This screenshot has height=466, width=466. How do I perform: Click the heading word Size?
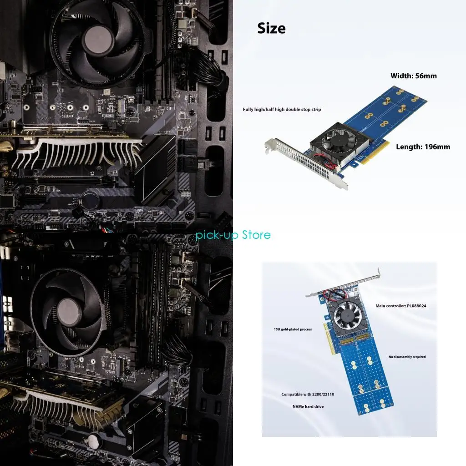[271, 28]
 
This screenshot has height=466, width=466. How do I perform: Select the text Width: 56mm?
[413, 76]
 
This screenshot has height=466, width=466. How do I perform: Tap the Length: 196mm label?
[423, 147]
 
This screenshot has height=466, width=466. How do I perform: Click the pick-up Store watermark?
[233, 235]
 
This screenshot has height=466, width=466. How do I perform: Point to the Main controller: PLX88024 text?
[400, 306]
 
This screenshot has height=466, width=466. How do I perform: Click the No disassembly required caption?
[407, 357]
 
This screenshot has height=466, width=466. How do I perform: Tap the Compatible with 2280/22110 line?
[308, 394]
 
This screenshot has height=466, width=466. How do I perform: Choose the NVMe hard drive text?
[308, 406]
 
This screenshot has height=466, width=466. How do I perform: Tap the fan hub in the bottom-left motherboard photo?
[70, 308]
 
